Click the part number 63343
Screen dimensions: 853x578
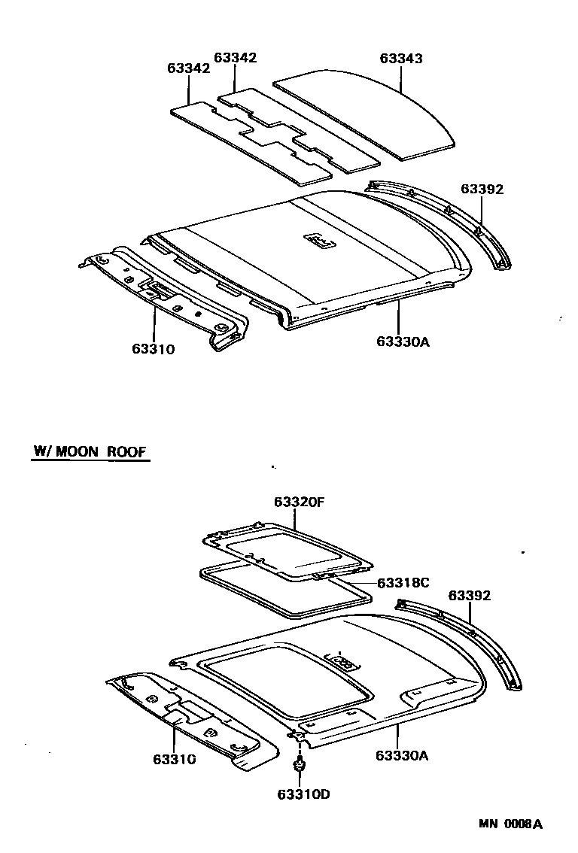(x=400, y=58)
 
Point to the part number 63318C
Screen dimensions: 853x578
(x=403, y=582)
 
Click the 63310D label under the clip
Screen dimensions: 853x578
(x=303, y=794)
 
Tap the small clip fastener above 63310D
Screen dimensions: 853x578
(x=299, y=766)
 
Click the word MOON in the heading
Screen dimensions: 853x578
(x=84, y=452)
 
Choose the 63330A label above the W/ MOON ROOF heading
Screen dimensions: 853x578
(x=403, y=342)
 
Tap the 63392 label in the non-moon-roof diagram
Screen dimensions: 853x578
(x=482, y=189)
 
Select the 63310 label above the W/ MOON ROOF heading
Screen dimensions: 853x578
(x=153, y=349)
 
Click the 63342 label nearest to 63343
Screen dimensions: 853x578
(x=236, y=58)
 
